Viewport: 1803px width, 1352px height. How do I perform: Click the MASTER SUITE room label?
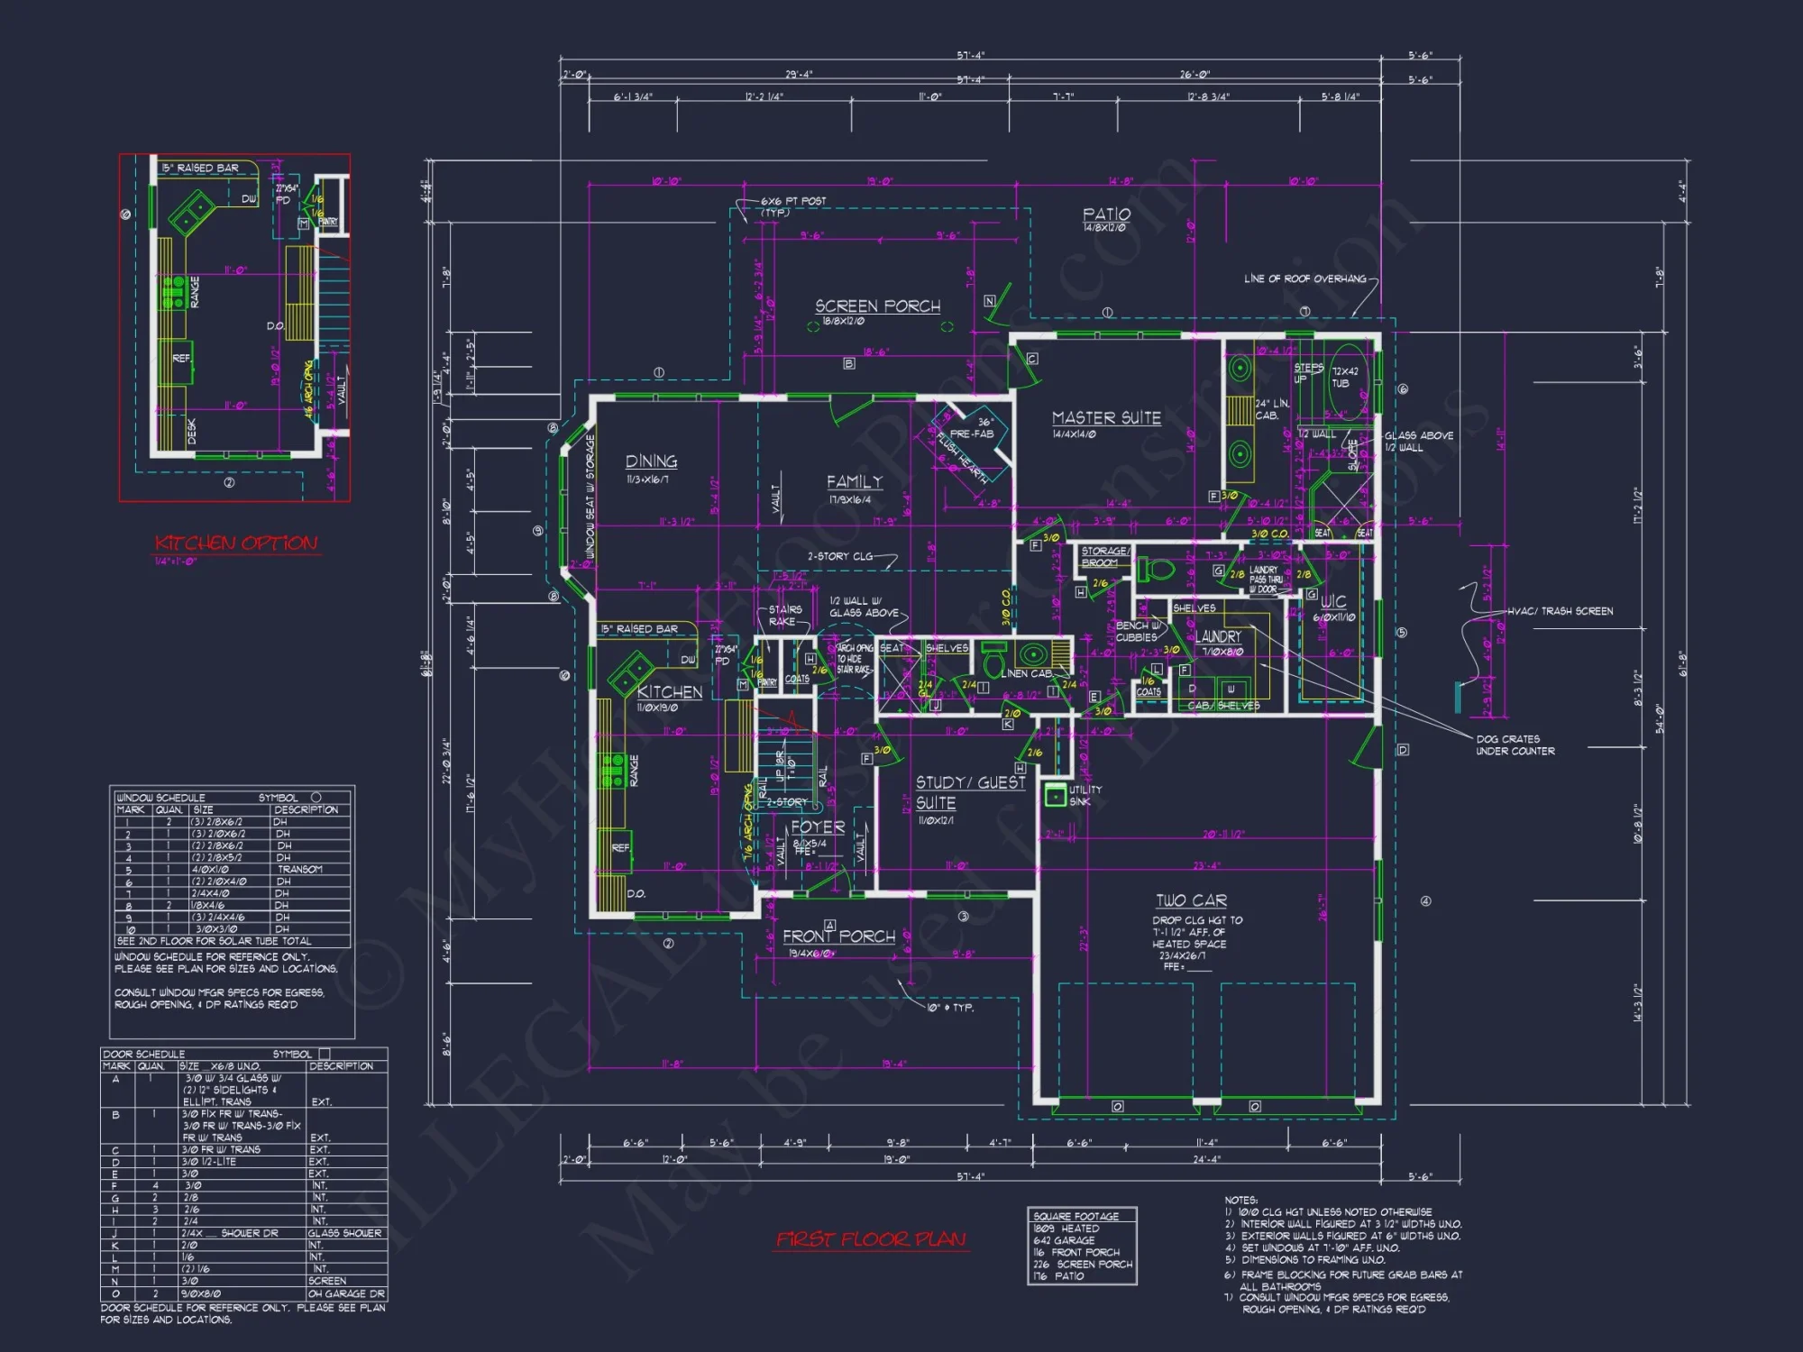pos(1106,418)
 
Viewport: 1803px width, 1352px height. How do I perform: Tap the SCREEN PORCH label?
pos(877,306)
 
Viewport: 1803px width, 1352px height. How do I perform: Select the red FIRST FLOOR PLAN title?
pos(870,1240)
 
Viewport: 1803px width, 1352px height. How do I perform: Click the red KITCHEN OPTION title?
pos(236,543)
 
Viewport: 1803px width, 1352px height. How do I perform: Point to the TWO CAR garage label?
pos(1191,900)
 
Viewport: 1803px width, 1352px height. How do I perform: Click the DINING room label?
pos(651,461)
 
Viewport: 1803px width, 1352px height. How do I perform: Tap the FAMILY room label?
pos(854,482)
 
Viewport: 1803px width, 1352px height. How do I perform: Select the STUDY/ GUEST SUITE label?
pos(969,792)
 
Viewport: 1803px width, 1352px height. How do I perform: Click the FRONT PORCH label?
pos(839,936)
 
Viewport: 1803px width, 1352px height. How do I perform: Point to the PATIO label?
pos(1106,215)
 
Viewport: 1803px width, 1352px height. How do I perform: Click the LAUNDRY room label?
pos(1218,636)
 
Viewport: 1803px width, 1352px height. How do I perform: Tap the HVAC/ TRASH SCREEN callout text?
pos(1560,611)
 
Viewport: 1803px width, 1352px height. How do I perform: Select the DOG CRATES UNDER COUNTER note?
pos(1515,745)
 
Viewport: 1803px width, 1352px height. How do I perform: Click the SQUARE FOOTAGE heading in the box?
pos(1076,1216)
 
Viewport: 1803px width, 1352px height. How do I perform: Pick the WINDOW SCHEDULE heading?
pos(160,798)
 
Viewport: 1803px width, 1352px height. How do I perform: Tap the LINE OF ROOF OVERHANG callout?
pos(1304,279)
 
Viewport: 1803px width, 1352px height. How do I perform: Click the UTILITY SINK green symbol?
pos(1055,795)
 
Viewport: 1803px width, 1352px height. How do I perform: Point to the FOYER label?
pos(818,827)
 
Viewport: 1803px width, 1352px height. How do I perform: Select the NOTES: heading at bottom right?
pos(1240,1200)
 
